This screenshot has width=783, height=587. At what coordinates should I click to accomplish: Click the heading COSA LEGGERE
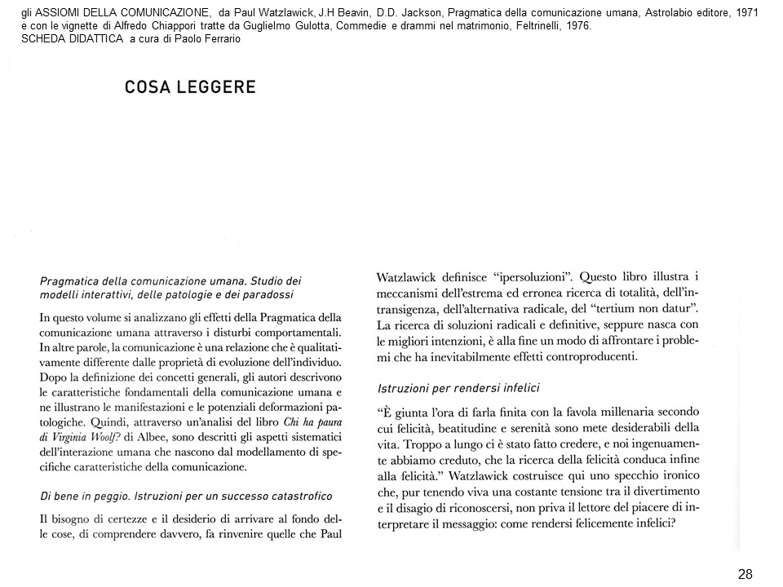point(190,88)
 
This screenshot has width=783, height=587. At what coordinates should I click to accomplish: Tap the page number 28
point(745,574)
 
